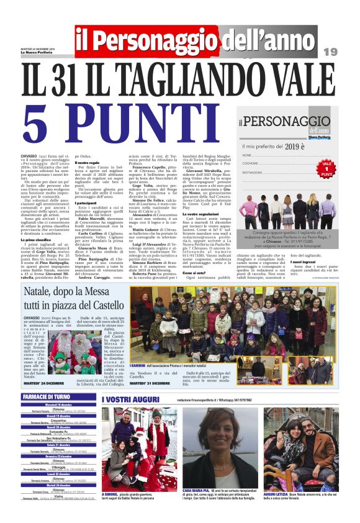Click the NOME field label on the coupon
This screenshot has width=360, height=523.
[247, 155]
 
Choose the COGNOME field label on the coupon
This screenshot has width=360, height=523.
[251, 163]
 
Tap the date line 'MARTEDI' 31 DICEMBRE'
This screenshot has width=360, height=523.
[148, 383]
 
